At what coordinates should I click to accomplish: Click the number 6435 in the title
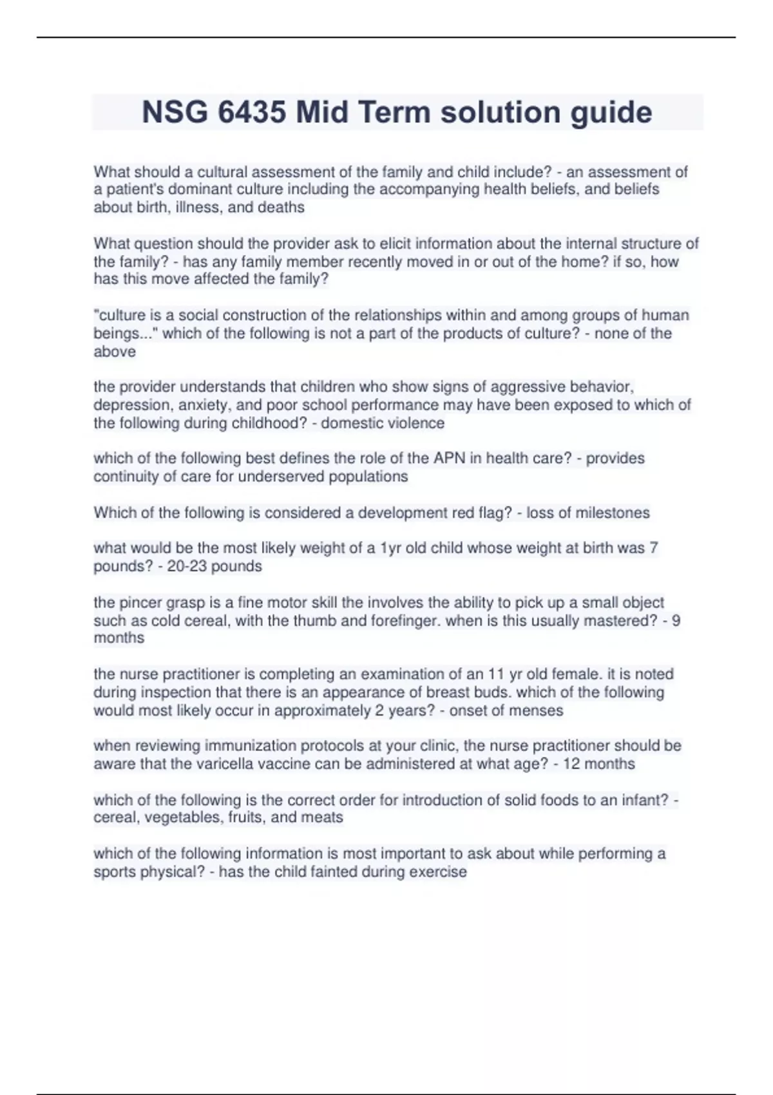click(x=252, y=112)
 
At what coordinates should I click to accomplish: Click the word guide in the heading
click(x=610, y=112)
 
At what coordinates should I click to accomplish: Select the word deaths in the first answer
click(x=281, y=207)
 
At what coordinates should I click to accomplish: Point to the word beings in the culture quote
click(x=117, y=334)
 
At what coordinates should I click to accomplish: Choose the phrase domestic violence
click(x=383, y=423)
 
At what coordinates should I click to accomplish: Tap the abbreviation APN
click(x=450, y=459)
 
